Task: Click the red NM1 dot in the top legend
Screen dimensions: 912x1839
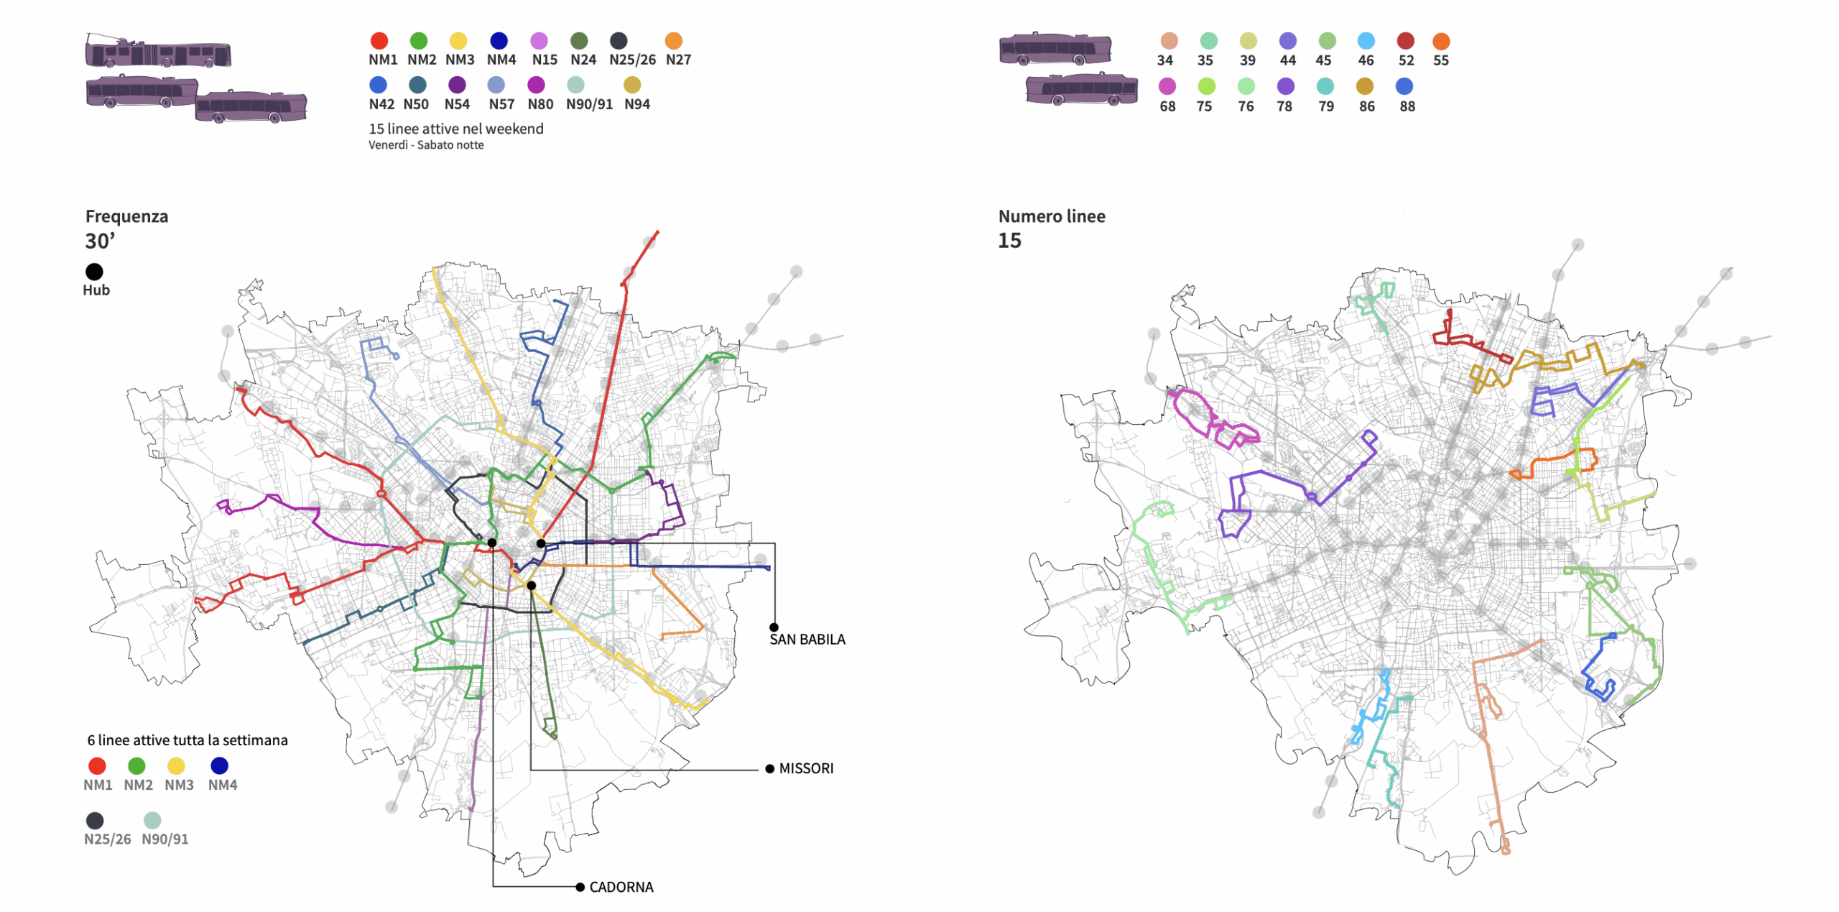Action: click(x=379, y=41)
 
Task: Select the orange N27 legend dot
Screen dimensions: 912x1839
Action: click(x=673, y=41)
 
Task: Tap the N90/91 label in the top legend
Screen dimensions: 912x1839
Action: click(x=589, y=104)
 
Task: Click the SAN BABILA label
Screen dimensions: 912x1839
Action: click(x=807, y=640)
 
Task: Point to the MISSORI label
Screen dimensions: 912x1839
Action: click(x=806, y=768)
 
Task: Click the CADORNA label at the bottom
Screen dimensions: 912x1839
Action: click(x=621, y=887)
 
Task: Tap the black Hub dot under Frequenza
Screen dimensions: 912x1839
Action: click(x=94, y=272)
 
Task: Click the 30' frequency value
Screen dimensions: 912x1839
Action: click(x=100, y=241)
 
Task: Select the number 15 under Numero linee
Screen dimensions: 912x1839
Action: click(x=1009, y=241)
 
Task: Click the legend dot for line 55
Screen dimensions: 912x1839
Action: click(x=1441, y=42)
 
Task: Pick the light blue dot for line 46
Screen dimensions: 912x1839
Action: click(x=1366, y=42)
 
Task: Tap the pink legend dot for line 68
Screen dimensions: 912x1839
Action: click(x=1167, y=86)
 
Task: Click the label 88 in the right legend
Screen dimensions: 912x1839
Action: click(x=1407, y=106)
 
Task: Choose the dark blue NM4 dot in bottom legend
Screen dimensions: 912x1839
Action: click(x=219, y=765)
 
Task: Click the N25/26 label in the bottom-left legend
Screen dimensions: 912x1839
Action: click(x=108, y=839)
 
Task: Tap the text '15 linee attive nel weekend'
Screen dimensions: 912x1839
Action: click(x=455, y=129)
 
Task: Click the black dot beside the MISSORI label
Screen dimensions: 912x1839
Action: click(x=769, y=769)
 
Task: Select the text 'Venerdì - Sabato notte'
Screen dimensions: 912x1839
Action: click(x=426, y=145)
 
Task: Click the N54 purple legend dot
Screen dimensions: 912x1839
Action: click(x=457, y=85)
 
